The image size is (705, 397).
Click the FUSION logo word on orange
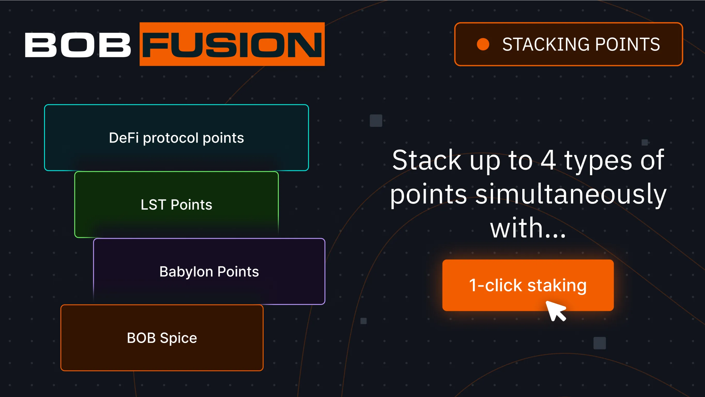pos(232,45)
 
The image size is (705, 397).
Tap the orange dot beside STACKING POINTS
pos(483,44)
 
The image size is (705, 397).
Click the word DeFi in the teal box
pos(124,138)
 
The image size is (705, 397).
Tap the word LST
pos(153,205)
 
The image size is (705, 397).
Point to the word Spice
pos(178,338)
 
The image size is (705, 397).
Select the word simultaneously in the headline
pos(571,194)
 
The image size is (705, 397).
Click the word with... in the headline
pos(528,228)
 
